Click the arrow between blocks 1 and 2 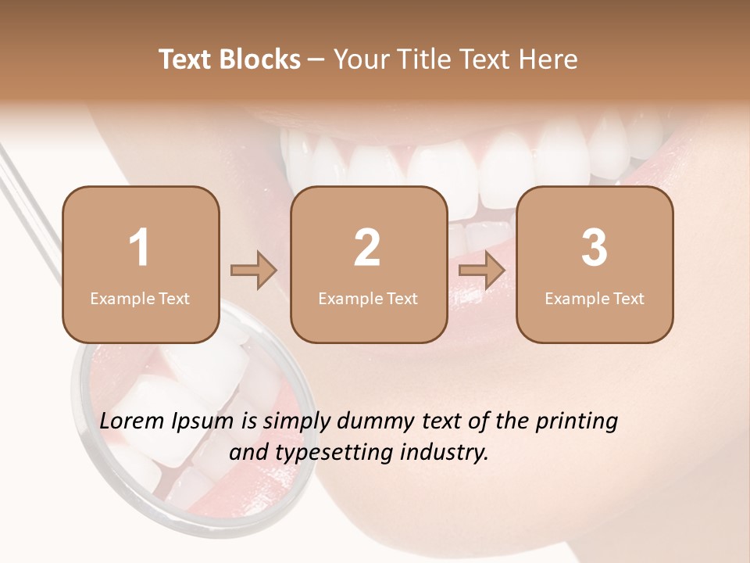coord(254,271)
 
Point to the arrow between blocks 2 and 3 coord(482,271)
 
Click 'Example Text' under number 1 coord(140,299)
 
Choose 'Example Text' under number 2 coord(368,299)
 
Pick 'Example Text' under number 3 coord(595,299)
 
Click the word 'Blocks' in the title coord(260,59)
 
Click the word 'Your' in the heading coord(359,59)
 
